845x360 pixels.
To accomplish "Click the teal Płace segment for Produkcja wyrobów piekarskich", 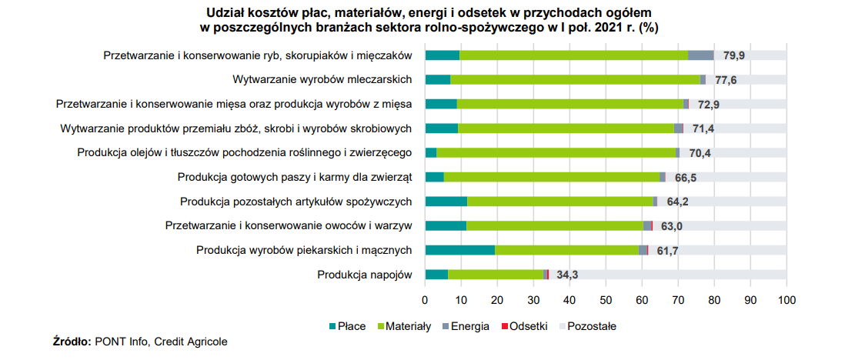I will coord(459,250).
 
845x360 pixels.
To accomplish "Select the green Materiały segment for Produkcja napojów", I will coord(496,275).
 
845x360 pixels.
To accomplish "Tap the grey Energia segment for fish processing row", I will coord(700,55).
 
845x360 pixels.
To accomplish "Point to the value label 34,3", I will coord(568,275).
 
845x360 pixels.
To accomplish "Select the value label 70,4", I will coord(700,152).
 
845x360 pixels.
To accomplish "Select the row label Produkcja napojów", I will coord(366,275).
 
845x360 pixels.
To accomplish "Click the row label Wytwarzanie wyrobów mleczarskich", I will coord(322,79).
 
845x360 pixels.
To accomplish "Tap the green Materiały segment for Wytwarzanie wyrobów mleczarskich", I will coord(575,79).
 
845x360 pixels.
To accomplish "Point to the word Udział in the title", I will coord(225,13).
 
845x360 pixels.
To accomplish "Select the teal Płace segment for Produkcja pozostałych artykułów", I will coord(446,202).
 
